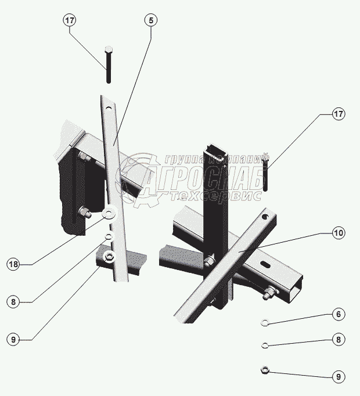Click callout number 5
click(x=151, y=20)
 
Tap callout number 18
click(x=13, y=264)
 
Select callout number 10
click(x=339, y=233)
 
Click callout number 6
click(x=339, y=314)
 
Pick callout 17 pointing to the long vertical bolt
click(x=70, y=20)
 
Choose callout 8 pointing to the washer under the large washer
click(x=13, y=302)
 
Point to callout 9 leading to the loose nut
click(x=339, y=377)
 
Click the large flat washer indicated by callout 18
click(x=109, y=213)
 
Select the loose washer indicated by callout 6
click(x=264, y=322)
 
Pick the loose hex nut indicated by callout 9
click(x=265, y=370)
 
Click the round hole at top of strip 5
click(x=109, y=108)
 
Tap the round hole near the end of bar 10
click(x=265, y=217)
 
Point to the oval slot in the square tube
click(x=265, y=264)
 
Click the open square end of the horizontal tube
click(x=296, y=290)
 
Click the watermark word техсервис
click(x=216, y=196)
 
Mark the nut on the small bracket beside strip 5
click(x=109, y=257)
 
